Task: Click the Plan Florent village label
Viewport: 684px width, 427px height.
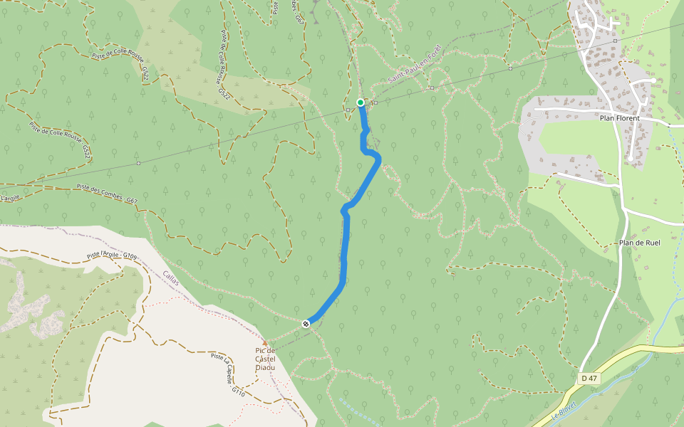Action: [620, 118]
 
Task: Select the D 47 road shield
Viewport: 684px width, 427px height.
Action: [588, 378]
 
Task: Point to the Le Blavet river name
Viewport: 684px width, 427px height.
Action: [563, 413]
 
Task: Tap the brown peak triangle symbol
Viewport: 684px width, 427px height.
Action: [264, 342]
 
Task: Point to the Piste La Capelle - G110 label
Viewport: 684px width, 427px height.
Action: [229, 374]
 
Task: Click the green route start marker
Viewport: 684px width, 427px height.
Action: [361, 102]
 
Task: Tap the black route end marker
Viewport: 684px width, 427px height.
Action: [306, 324]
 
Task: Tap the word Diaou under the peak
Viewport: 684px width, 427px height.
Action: [266, 368]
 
